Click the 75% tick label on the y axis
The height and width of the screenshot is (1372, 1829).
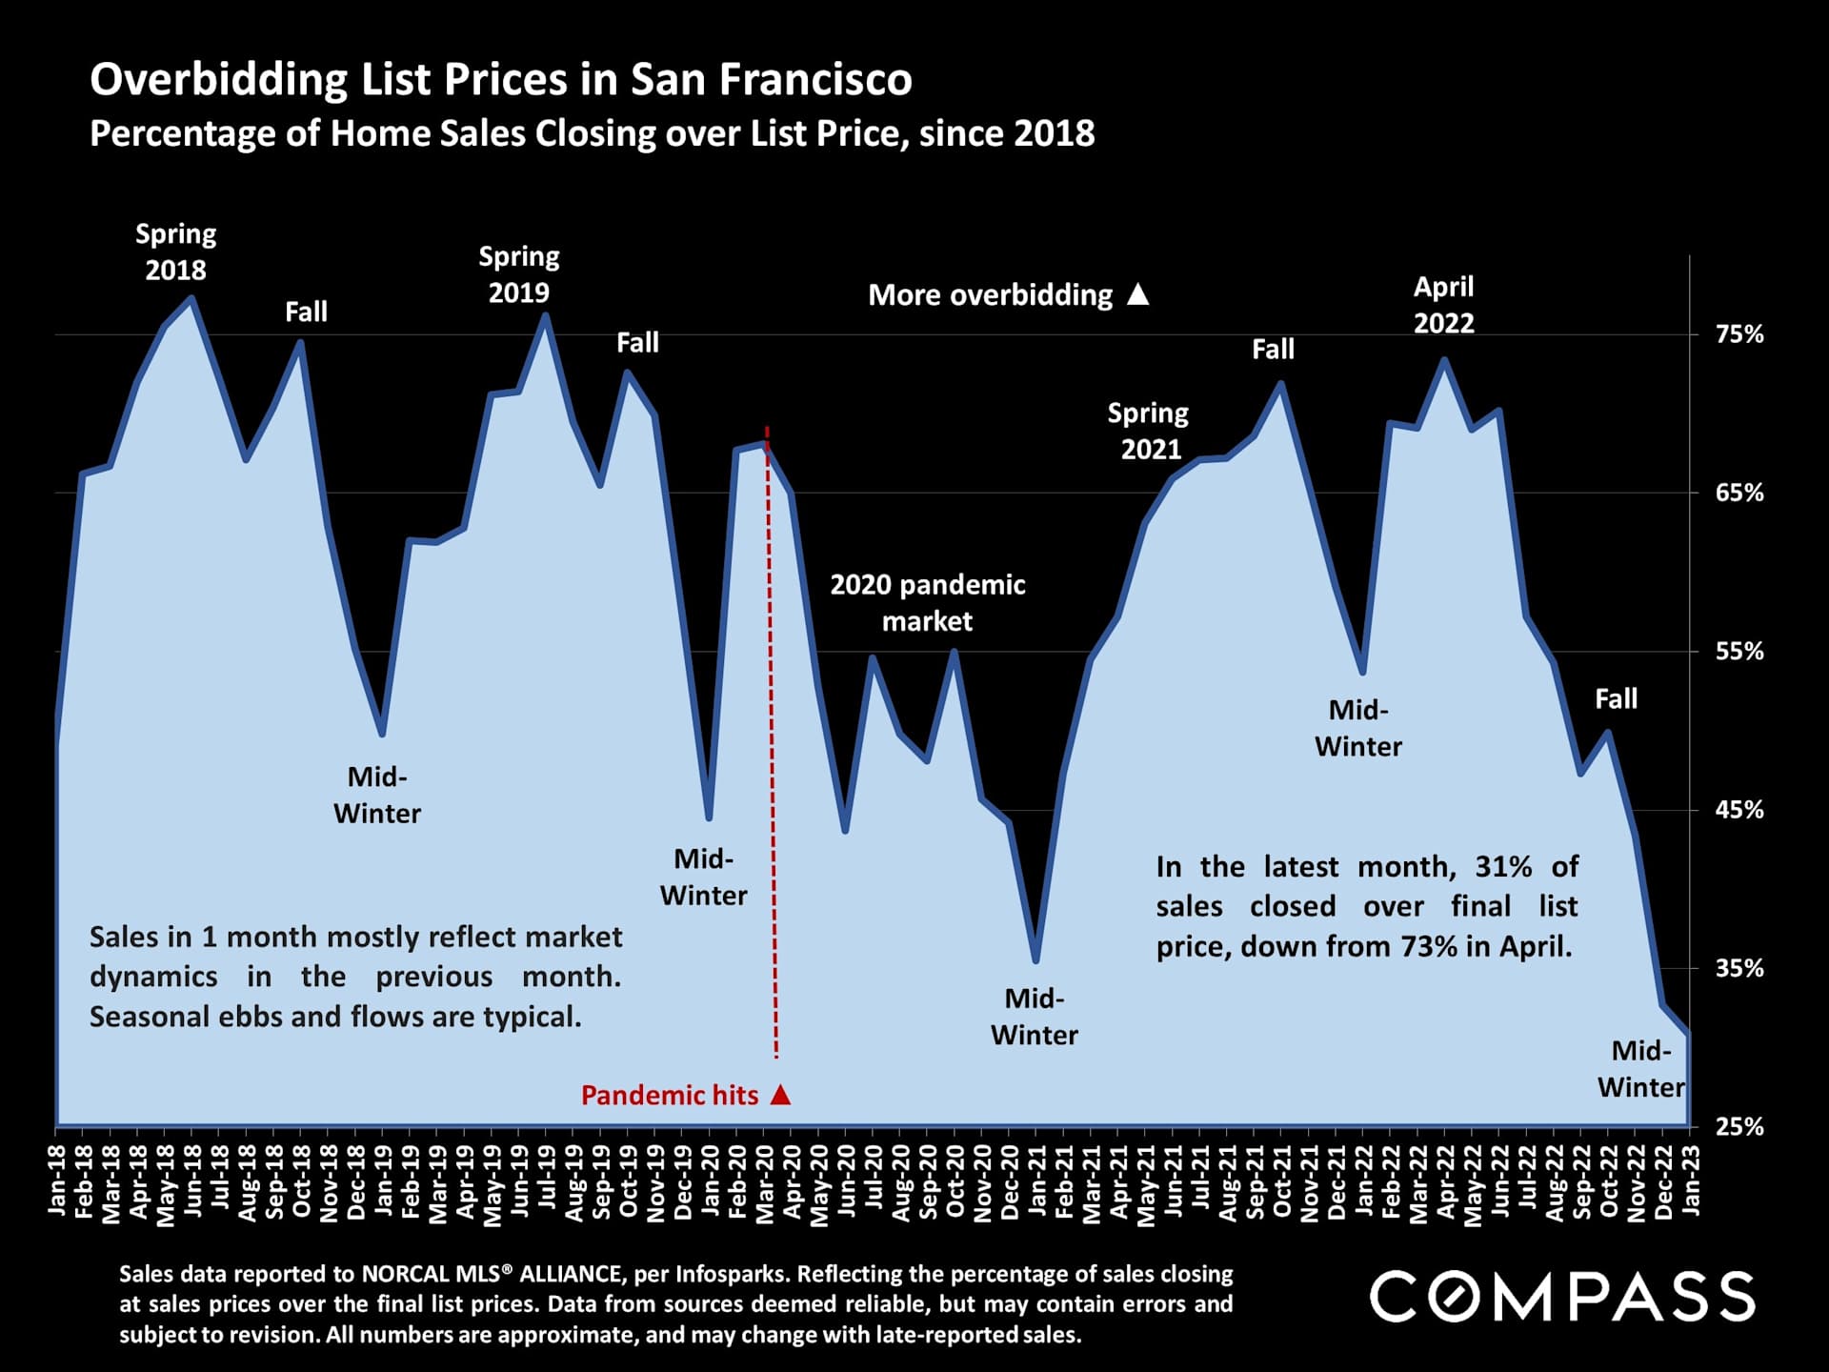click(x=1739, y=334)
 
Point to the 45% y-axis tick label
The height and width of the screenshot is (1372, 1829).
click(x=1739, y=810)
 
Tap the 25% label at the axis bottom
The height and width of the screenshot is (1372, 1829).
click(x=1739, y=1126)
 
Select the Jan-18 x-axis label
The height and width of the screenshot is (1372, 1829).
click(x=57, y=1180)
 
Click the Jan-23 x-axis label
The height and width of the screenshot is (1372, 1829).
click(x=1691, y=1180)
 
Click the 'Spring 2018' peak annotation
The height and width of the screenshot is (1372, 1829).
click(x=175, y=252)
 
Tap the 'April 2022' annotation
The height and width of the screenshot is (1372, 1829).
click(x=1443, y=305)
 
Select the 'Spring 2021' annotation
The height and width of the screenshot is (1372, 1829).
click(x=1149, y=431)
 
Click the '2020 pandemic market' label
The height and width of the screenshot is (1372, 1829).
click(x=927, y=602)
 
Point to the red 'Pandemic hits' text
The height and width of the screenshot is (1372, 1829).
click(x=670, y=1096)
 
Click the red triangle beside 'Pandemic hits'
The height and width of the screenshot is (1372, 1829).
click(x=781, y=1094)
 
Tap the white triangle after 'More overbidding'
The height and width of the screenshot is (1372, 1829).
click(x=1138, y=294)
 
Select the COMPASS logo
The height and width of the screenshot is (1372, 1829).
click(x=1562, y=1297)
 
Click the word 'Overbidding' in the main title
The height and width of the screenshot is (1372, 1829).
click(x=218, y=79)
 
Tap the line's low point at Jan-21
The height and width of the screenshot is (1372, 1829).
click(x=1035, y=960)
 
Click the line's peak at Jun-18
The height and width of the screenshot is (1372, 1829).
click(x=191, y=298)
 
